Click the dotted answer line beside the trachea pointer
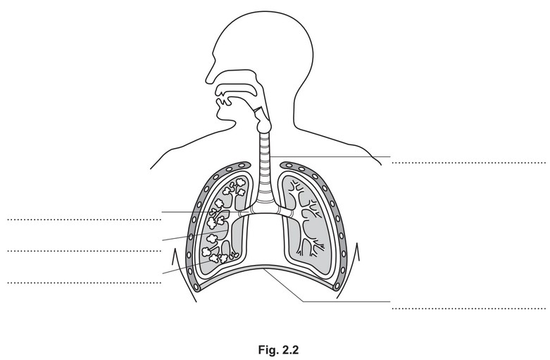click(468, 163)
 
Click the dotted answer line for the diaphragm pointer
click(468, 309)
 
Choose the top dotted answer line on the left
click(85, 220)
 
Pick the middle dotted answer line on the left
click(85, 251)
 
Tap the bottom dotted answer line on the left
click(85, 283)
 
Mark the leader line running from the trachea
click(331, 156)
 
